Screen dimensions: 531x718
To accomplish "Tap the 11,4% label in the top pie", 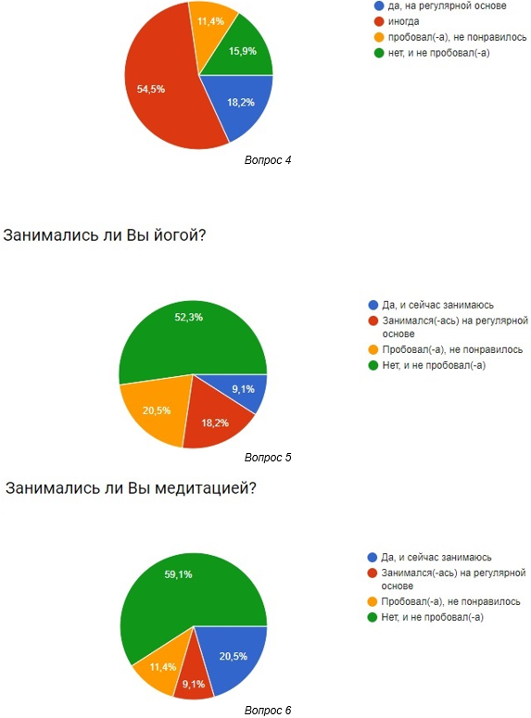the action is [x=210, y=21].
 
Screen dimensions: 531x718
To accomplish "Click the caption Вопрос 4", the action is [x=268, y=160].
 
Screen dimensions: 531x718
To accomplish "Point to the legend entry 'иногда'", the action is [x=403, y=21].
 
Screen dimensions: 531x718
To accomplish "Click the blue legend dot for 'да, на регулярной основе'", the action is [x=379, y=6].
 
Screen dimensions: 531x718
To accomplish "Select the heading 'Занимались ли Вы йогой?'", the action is [x=105, y=235].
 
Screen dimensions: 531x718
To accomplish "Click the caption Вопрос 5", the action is [x=268, y=458].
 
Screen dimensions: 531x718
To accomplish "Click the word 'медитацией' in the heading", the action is [x=205, y=488].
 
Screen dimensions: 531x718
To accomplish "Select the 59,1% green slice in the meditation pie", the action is [x=183, y=596].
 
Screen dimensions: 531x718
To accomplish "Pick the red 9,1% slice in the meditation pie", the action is [x=195, y=678].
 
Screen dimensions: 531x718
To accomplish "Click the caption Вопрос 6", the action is [x=268, y=711].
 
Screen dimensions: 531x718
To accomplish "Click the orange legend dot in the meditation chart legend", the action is [x=373, y=601].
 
